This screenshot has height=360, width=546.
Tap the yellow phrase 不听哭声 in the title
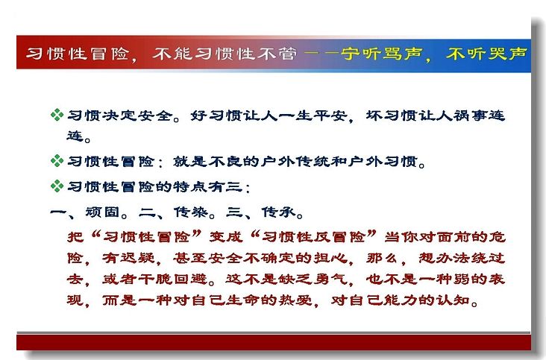coord(486,54)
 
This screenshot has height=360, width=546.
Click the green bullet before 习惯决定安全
coord(57,115)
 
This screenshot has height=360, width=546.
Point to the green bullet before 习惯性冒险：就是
coord(57,161)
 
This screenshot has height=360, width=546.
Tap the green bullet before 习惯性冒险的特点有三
coord(57,186)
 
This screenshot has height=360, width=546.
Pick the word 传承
coord(278,212)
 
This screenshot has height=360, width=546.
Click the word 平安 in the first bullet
coord(330,115)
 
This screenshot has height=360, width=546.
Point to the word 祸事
coord(470,115)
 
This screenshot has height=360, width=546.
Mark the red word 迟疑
coord(137,258)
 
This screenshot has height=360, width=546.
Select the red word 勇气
coord(330,280)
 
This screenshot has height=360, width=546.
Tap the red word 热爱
coord(295,300)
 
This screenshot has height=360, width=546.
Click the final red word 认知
coord(453,300)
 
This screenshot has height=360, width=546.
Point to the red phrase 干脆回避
coord(172,280)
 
